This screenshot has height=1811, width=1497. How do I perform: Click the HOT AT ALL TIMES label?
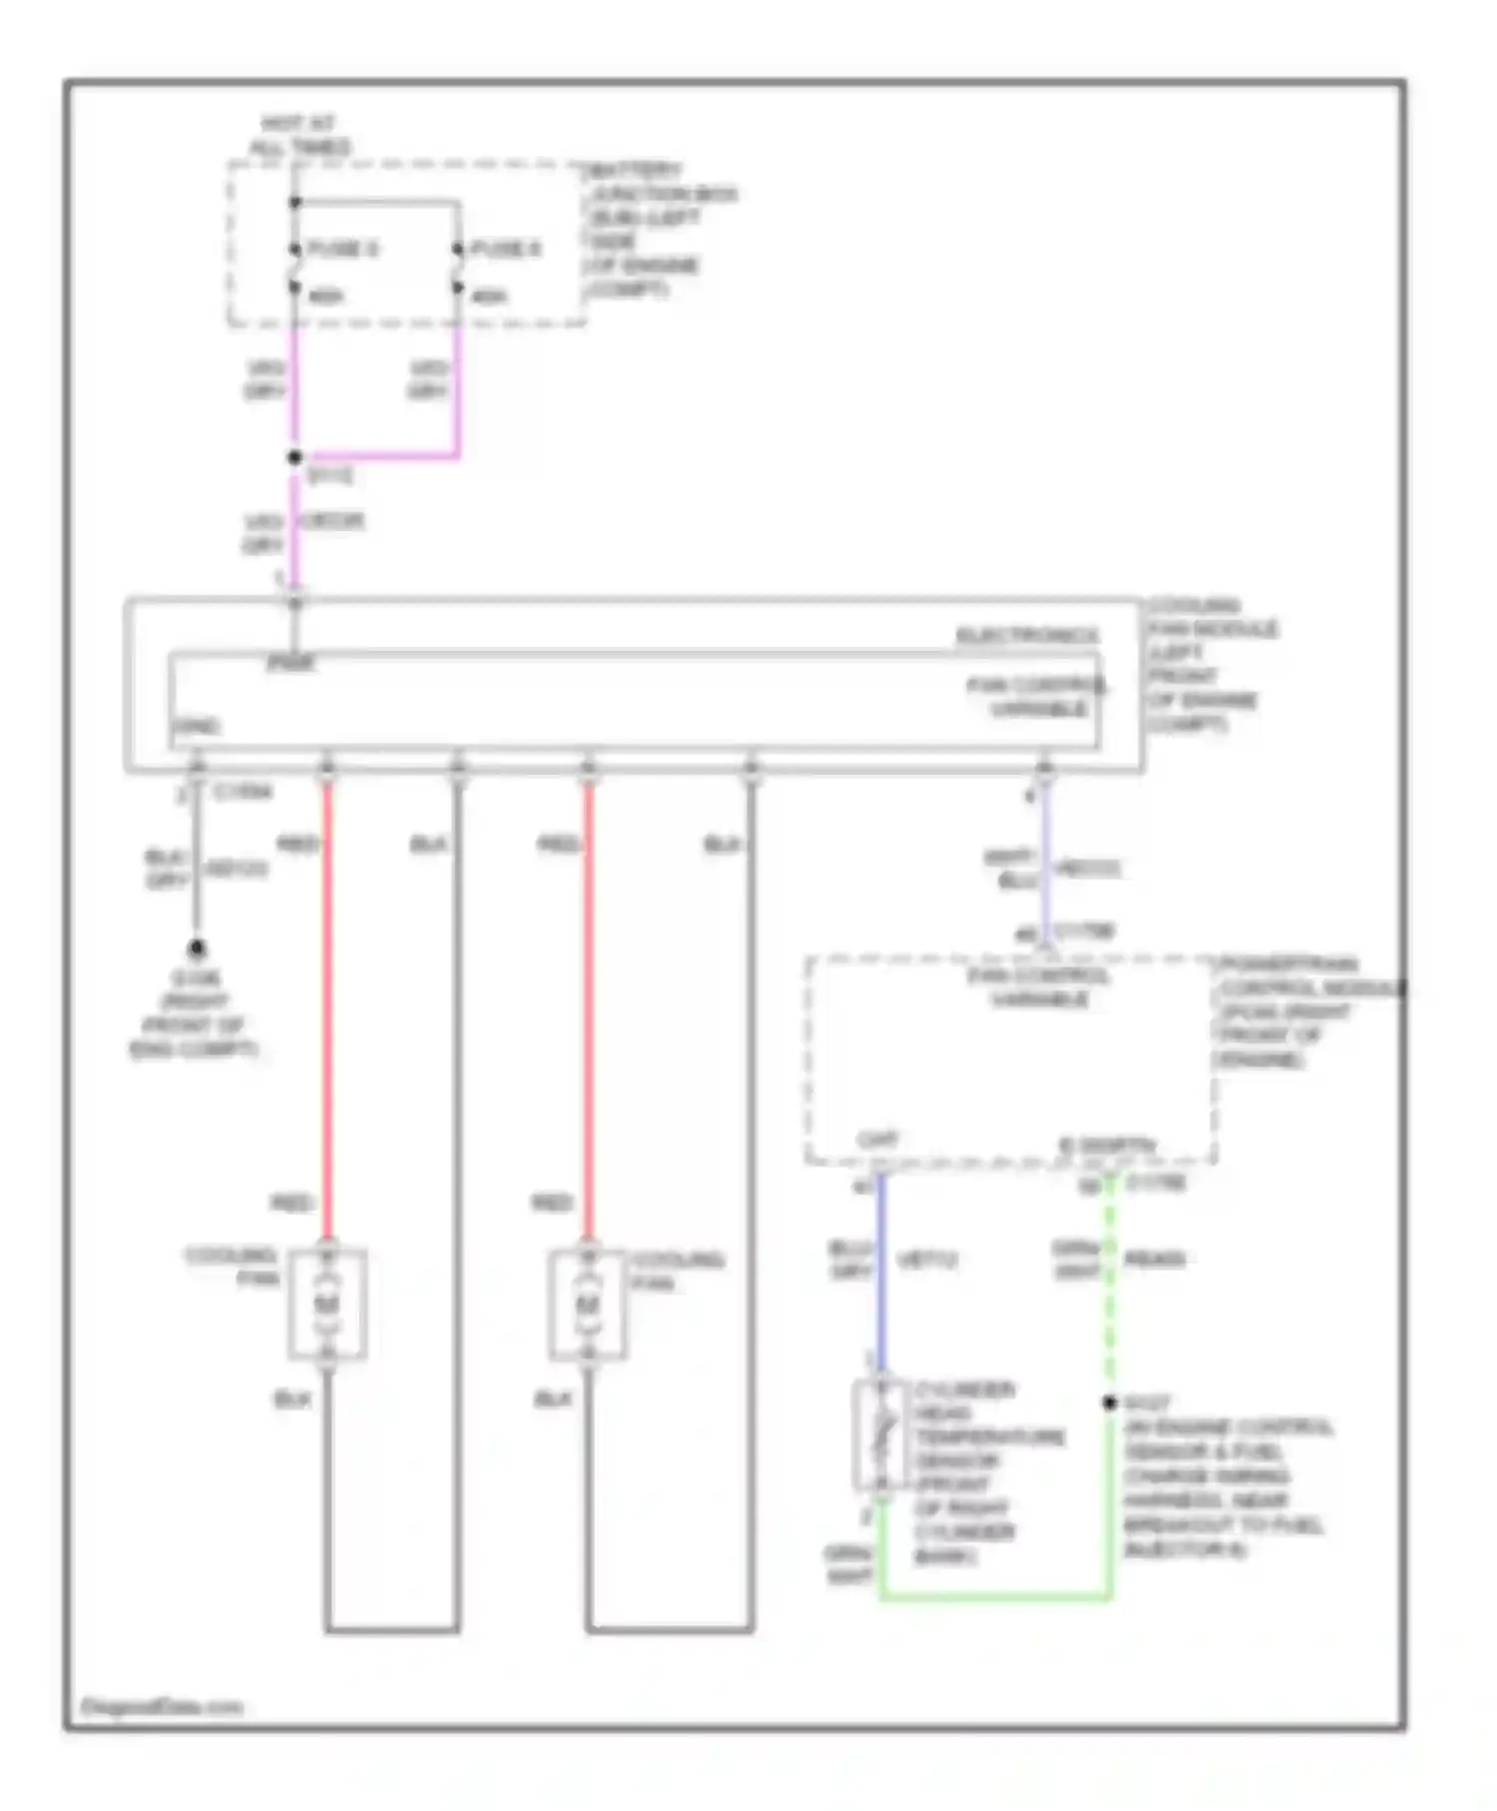(298, 136)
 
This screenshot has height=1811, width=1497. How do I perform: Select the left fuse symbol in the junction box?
(294, 269)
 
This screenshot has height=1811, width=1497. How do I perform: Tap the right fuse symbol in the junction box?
(458, 269)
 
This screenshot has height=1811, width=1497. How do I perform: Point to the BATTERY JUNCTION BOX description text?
(659, 230)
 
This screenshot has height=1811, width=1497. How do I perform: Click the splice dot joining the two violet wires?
(294, 457)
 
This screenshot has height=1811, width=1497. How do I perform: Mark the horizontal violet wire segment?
(377, 457)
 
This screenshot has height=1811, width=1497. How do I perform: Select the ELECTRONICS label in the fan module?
(1027, 636)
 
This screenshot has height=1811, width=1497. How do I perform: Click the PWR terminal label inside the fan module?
(290, 663)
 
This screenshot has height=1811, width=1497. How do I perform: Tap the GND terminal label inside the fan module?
(197, 726)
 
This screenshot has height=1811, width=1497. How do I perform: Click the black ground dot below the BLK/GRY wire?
(197, 947)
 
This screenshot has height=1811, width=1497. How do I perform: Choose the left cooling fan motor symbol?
(327, 1304)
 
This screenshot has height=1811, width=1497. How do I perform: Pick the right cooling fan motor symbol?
(588, 1304)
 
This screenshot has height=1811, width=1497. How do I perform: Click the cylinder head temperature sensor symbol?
(880, 1436)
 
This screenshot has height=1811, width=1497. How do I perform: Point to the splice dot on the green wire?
(1110, 1403)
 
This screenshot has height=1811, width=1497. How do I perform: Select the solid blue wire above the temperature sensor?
(880, 1273)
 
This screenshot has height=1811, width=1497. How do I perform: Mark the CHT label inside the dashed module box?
(878, 1139)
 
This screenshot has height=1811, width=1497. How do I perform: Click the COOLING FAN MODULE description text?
(1210, 665)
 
